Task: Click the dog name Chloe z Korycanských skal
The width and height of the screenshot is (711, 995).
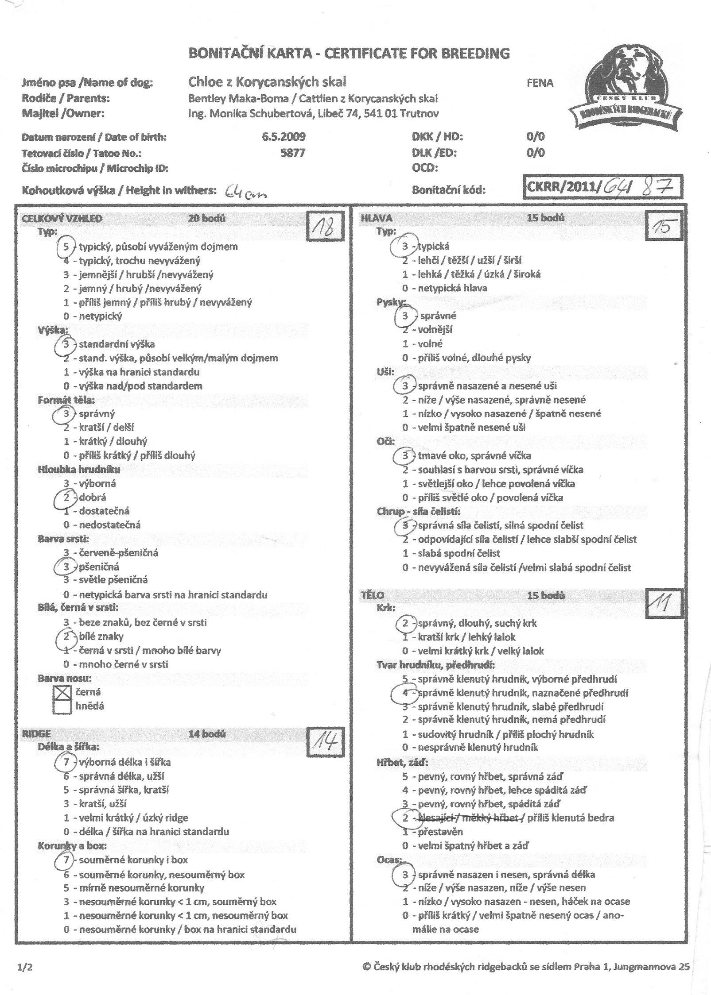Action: [x=267, y=82]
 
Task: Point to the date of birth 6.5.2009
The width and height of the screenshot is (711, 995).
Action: [x=284, y=137]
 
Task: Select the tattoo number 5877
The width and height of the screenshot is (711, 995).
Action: [x=293, y=153]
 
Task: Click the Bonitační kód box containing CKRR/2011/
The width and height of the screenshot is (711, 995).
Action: [x=603, y=187]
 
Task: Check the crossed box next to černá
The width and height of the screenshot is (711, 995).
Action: [x=62, y=692]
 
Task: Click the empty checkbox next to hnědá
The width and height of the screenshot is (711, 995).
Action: [x=62, y=706]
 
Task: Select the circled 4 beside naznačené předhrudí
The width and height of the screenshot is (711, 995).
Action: [x=404, y=693]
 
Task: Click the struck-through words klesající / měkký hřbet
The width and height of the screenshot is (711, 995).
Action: [x=469, y=818]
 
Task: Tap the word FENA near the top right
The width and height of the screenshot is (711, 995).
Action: [x=540, y=83]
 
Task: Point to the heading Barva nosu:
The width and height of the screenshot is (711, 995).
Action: [x=65, y=678]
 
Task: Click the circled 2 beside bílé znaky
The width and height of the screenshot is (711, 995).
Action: [x=66, y=636]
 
